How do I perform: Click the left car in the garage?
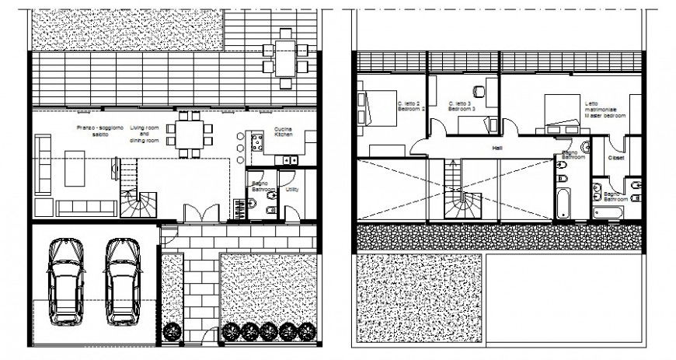click(65, 281)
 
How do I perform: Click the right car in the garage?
click(122, 281)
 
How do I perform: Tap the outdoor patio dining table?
click(284, 58)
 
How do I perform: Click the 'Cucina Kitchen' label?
click(283, 132)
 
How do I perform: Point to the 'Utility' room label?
click(293, 189)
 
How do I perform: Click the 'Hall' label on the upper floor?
click(498, 148)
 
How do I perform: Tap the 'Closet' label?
click(616, 157)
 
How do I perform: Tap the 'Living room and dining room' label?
click(144, 134)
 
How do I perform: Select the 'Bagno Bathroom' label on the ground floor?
click(260, 187)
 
